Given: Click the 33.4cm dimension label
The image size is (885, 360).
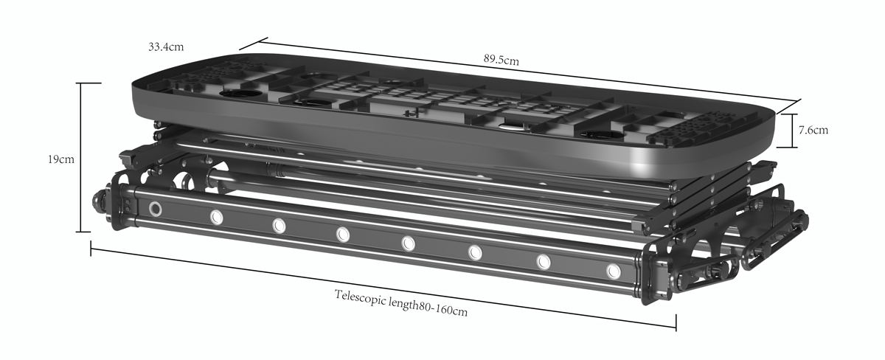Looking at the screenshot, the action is coord(166,47).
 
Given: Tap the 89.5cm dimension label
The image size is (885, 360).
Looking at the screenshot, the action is coord(501,60).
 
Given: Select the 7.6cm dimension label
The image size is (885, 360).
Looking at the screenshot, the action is coord(813,130).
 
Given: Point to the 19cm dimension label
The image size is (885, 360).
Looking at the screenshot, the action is coord(60,159).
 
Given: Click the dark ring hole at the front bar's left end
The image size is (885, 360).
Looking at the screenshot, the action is coord(156,209).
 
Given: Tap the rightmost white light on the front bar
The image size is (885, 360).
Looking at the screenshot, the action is coord(614,271).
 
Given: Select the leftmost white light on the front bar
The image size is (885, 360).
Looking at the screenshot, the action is coord(216,218).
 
